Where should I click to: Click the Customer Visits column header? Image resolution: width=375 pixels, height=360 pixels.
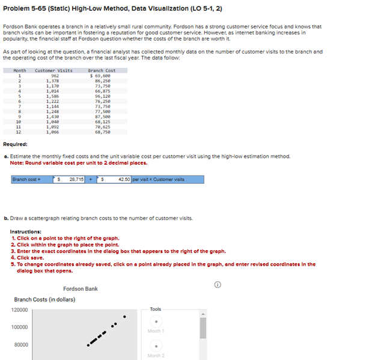[53, 70]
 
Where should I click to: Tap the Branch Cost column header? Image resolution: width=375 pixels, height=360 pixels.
[102, 70]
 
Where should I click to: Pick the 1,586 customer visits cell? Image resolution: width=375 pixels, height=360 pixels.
[52, 96]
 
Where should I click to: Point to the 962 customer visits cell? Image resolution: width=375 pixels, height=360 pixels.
[55, 75]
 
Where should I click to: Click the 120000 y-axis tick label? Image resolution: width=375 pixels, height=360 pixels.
[19, 310]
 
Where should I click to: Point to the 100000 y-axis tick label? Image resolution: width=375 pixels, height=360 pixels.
[19, 327]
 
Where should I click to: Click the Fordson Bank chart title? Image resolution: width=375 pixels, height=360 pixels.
[80, 289]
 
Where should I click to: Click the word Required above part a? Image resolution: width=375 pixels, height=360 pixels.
[14, 144]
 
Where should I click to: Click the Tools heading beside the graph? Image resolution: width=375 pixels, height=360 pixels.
[156, 309]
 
